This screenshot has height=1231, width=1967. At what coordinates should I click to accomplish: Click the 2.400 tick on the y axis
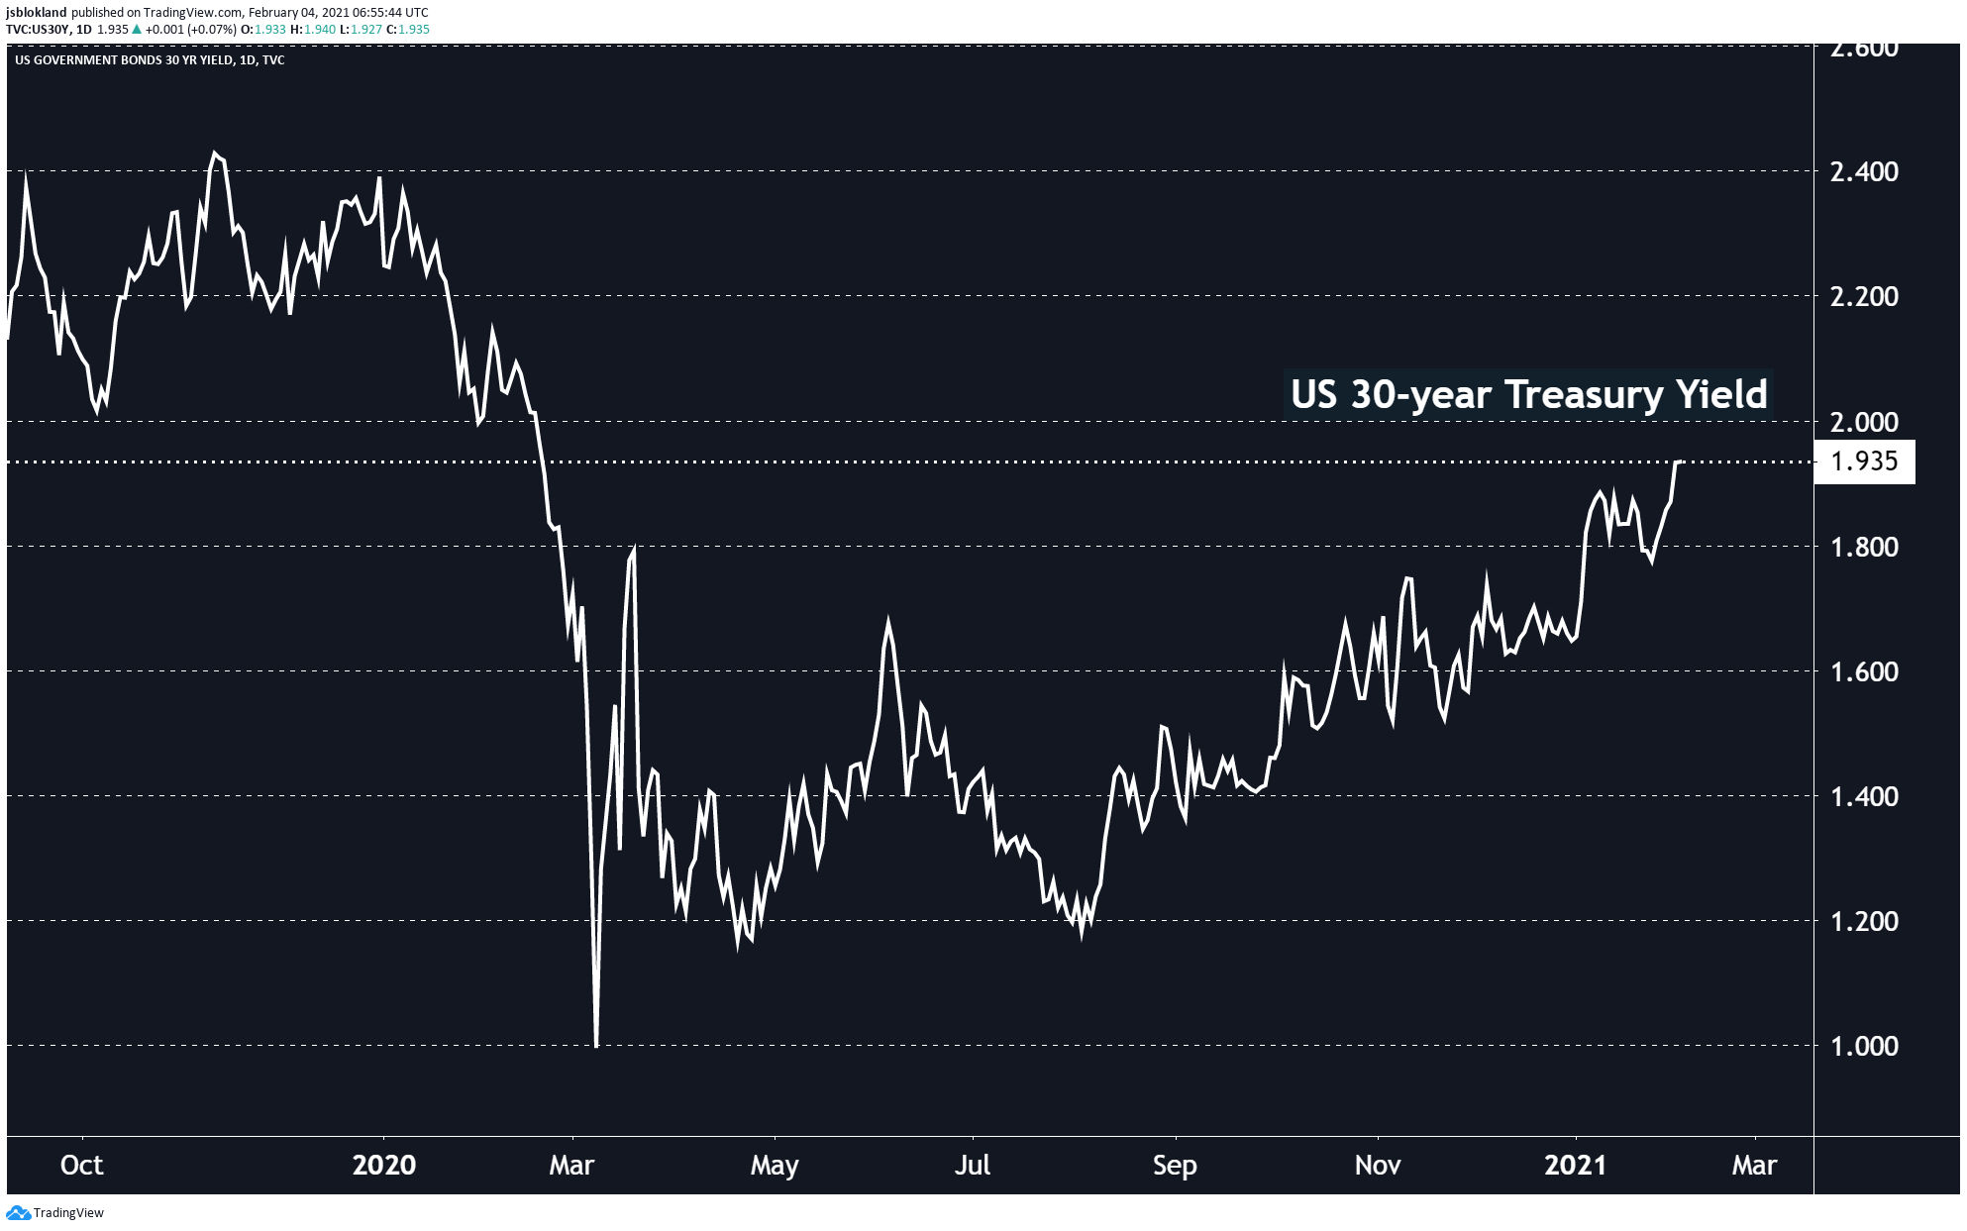coord(1864,172)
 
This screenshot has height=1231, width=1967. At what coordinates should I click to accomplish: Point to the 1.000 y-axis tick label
coord(1864,1047)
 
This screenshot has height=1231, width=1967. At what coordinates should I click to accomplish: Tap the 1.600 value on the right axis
coord(1864,672)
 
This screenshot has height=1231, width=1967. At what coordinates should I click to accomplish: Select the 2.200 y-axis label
coord(1864,297)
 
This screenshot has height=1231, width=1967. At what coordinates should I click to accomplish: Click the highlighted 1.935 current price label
coord(1864,462)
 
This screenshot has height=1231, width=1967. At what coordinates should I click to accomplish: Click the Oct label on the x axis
coord(81,1165)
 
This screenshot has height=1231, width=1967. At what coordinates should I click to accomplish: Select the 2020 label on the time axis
coord(383,1165)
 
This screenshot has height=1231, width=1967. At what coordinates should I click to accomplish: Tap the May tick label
coord(775,1165)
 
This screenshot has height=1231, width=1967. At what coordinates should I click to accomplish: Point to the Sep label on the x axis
coord(1175,1165)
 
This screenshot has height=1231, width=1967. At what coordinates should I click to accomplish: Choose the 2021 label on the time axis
coord(1575,1165)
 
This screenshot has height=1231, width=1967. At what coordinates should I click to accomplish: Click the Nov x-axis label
coord(1378,1165)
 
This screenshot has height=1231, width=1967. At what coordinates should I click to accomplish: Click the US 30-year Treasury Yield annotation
coord(1528,394)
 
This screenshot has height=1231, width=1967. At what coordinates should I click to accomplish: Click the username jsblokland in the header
coord(36,12)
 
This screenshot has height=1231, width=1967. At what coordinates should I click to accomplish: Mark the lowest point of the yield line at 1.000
coord(596,1045)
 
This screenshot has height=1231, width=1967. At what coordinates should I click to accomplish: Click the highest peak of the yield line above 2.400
coord(214,154)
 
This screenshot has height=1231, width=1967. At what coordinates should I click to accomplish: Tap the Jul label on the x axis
coord(973,1165)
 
